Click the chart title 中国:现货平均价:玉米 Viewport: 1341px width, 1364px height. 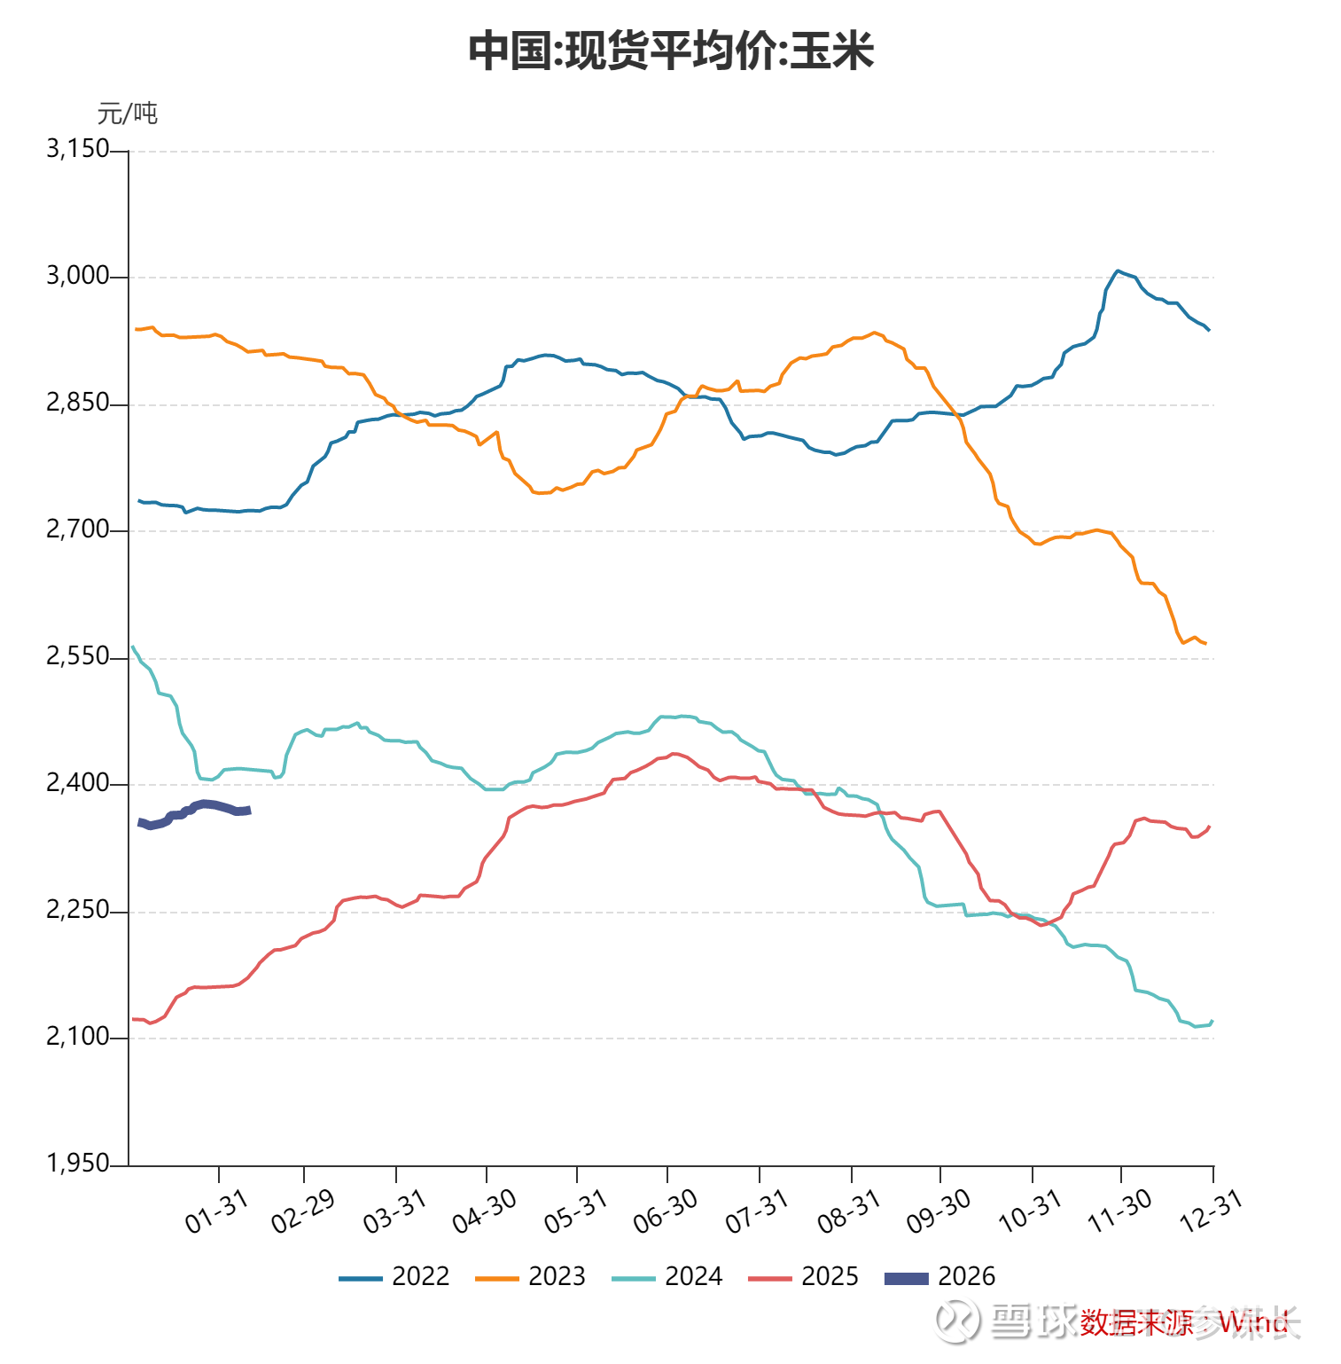[x=671, y=51]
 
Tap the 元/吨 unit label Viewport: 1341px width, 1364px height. [x=127, y=114]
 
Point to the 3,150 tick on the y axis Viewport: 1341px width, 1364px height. [x=78, y=149]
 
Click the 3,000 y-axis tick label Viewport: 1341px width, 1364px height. [x=78, y=276]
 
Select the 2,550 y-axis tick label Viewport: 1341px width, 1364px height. [x=78, y=656]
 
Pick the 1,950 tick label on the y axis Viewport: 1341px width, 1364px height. [x=78, y=1164]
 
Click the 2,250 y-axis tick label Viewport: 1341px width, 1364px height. [x=78, y=910]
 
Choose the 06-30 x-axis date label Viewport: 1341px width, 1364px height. [x=665, y=1211]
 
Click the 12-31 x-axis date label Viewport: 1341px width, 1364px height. [x=1211, y=1211]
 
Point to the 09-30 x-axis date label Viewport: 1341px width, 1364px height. [x=938, y=1211]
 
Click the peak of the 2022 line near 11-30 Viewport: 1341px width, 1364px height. [x=1117, y=270]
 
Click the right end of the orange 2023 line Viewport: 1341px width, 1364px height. [x=1205, y=643]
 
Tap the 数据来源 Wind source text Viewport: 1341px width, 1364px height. [x=1183, y=1323]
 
